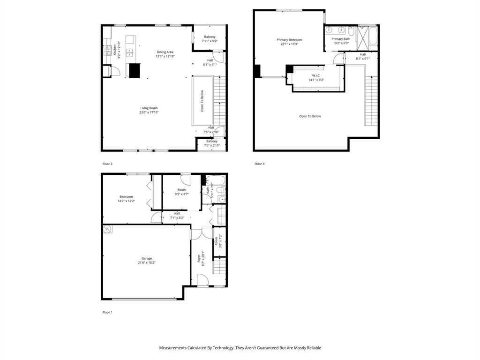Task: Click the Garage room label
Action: [147, 258]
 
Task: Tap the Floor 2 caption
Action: [107, 164]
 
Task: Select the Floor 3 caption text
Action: [259, 164]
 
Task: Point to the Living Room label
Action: [149, 108]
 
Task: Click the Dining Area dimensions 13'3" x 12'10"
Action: [165, 56]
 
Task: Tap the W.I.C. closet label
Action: [316, 75]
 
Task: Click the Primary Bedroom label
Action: [289, 40]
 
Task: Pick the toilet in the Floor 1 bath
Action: [223, 199]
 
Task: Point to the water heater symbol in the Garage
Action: [107, 229]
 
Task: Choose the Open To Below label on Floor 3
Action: [310, 116]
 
